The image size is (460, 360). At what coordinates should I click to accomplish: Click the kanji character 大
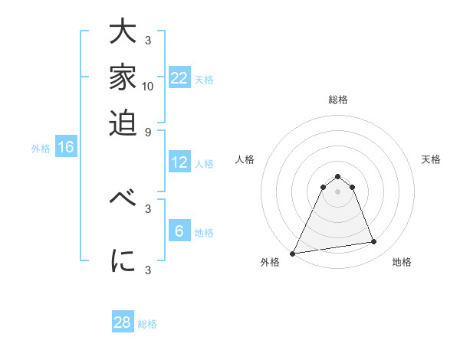click(x=123, y=34)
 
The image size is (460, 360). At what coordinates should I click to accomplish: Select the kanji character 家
click(x=123, y=77)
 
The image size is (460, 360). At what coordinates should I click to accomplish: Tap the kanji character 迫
click(x=123, y=121)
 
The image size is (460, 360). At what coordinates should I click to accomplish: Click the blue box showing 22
click(x=179, y=78)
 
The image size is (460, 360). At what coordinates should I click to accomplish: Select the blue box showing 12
click(x=179, y=162)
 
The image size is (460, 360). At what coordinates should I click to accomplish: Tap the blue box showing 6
click(x=179, y=231)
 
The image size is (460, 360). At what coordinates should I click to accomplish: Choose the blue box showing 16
click(x=65, y=148)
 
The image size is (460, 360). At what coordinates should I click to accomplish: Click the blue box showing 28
click(x=123, y=322)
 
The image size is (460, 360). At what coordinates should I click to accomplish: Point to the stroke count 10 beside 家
click(x=148, y=85)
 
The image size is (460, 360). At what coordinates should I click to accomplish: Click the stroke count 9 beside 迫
click(x=148, y=131)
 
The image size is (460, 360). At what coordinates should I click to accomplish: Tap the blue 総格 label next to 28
click(x=147, y=324)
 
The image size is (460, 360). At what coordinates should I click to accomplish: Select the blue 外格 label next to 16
click(x=41, y=149)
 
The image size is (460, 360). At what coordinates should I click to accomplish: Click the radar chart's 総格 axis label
click(x=337, y=100)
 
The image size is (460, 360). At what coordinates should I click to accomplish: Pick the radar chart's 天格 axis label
click(x=431, y=159)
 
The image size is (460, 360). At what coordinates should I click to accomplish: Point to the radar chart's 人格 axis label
click(x=245, y=159)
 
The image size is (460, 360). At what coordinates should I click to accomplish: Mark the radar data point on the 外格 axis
click(x=293, y=253)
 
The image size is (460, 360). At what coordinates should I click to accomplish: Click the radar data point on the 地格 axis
click(x=374, y=242)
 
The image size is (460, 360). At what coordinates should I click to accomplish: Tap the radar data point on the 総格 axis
click(x=337, y=177)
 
